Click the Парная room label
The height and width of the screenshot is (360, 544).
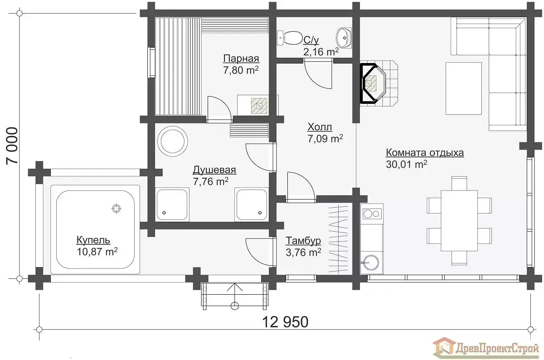pyautogui.click(x=241, y=58)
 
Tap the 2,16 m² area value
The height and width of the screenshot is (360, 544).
pyautogui.click(x=321, y=52)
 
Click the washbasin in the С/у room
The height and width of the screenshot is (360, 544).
pyautogui.click(x=344, y=38)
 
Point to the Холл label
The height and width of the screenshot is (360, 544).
pyautogui.click(x=320, y=127)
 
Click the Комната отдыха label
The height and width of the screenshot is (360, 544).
pyautogui.click(x=425, y=153)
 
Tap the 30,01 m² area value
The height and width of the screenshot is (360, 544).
pyautogui.click(x=406, y=164)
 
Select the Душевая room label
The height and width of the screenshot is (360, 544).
pyautogui.click(x=214, y=170)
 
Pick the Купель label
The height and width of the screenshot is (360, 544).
pyautogui.click(x=93, y=240)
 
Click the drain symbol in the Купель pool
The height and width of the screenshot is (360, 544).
pyautogui.click(x=117, y=208)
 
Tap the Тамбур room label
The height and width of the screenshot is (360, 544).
pyautogui.click(x=303, y=241)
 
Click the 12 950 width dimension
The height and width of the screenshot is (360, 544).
pyautogui.click(x=286, y=322)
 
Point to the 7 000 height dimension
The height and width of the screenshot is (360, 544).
pyautogui.click(x=12, y=146)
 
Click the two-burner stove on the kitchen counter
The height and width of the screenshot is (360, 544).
pyautogui.click(x=372, y=214)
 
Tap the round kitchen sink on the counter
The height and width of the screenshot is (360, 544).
pyautogui.click(x=371, y=263)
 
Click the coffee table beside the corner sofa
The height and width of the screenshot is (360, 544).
pyautogui.click(x=464, y=88)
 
